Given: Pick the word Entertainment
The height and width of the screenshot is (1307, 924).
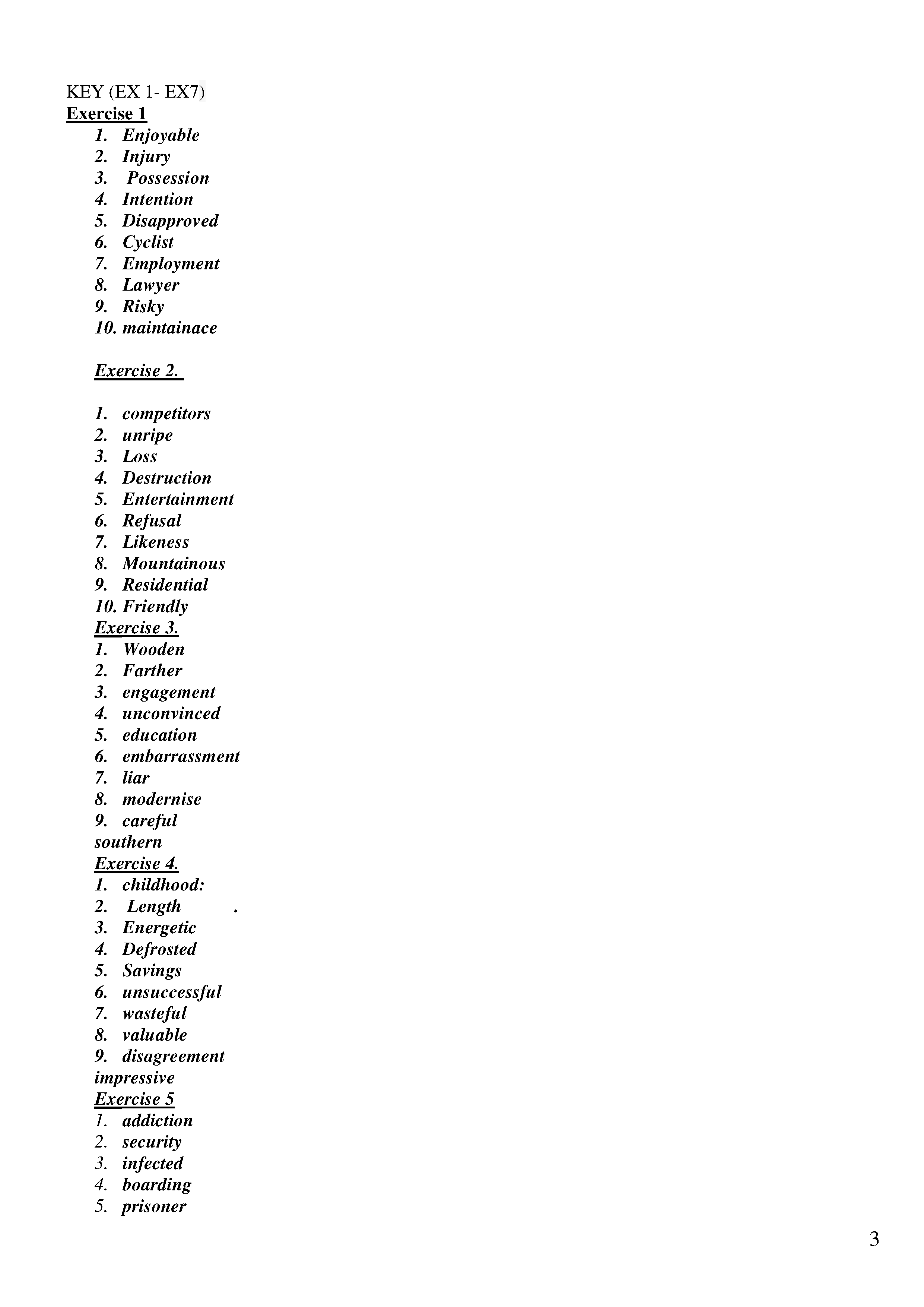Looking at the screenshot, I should pos(178,499).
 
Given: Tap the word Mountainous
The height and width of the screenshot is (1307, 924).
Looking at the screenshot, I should pos(174,564).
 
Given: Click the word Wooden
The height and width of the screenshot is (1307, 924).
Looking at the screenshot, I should pos(153,649).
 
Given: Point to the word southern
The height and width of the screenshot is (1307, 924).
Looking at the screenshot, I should pos(128,842).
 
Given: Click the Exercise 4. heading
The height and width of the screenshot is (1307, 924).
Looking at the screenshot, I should pos(137,864).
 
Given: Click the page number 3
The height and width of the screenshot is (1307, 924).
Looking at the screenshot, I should pos(874,1239).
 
